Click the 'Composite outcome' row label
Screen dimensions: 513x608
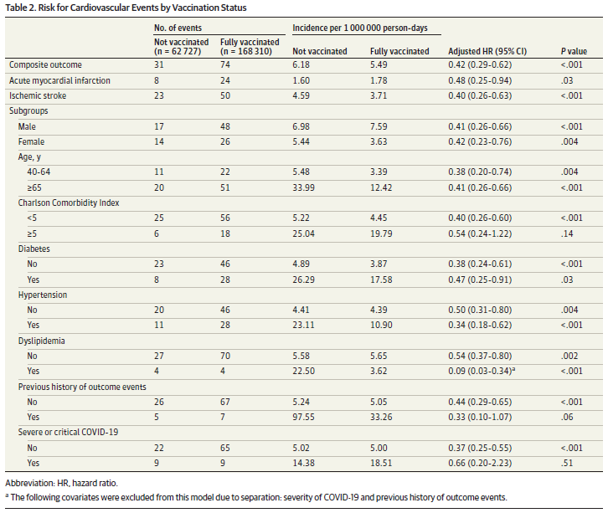point(45,64)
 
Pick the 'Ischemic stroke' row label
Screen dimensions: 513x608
point(39,95)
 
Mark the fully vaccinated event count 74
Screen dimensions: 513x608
point(225,64)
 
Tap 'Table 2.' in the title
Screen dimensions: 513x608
point(23,7)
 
